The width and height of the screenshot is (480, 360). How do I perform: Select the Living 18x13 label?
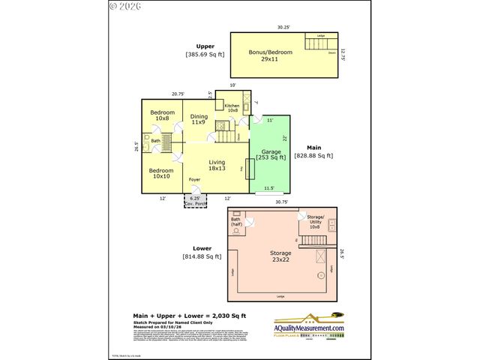click(217, 166)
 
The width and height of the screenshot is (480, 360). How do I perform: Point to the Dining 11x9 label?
click(199, 119)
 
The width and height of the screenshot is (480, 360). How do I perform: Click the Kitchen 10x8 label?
click(232, 108)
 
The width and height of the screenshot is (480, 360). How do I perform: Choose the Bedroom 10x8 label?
click(161, 115)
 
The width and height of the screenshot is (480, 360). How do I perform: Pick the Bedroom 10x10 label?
click(161, 174)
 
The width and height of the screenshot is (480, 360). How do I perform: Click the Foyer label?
click(194, 180)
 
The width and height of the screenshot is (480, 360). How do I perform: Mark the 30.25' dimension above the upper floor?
click(283, 28)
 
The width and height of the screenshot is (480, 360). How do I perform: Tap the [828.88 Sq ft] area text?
click(313, 155)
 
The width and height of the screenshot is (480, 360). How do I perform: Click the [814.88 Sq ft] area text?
click(202, 256)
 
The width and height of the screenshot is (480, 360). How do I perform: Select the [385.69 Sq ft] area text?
click(205, 55)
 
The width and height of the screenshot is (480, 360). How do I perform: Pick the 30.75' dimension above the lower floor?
click(282, 202)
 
